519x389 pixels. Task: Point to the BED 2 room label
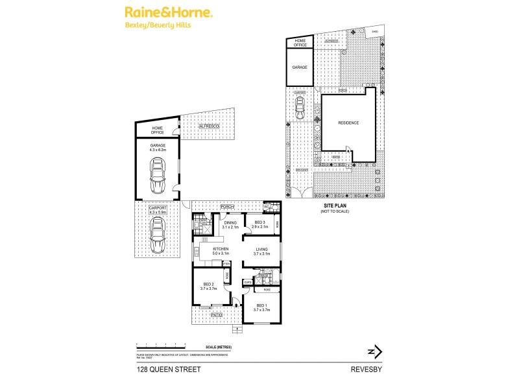(207, 285)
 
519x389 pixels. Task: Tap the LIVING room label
(261, 250)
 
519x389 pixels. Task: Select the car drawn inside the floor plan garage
(156, 176)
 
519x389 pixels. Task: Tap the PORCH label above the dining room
(226, 207)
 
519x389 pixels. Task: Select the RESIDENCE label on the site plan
(348, 123)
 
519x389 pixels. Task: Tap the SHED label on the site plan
(374, 30)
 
